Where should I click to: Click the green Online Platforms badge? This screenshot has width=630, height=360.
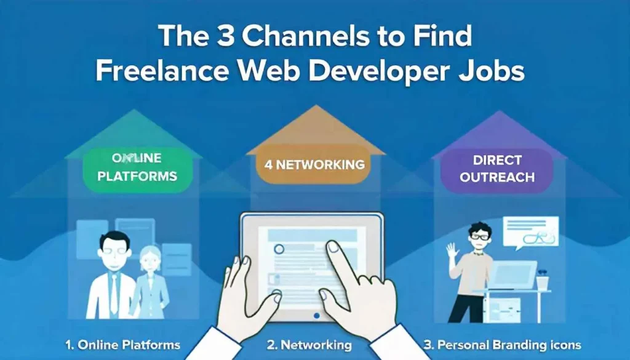[137, 167]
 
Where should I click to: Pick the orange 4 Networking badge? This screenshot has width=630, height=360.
[315, 164]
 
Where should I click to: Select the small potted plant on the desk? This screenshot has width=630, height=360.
[541, 279]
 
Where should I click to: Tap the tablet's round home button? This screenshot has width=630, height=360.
[316, 315]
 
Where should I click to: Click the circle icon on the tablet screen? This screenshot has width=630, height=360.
[279, 249]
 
